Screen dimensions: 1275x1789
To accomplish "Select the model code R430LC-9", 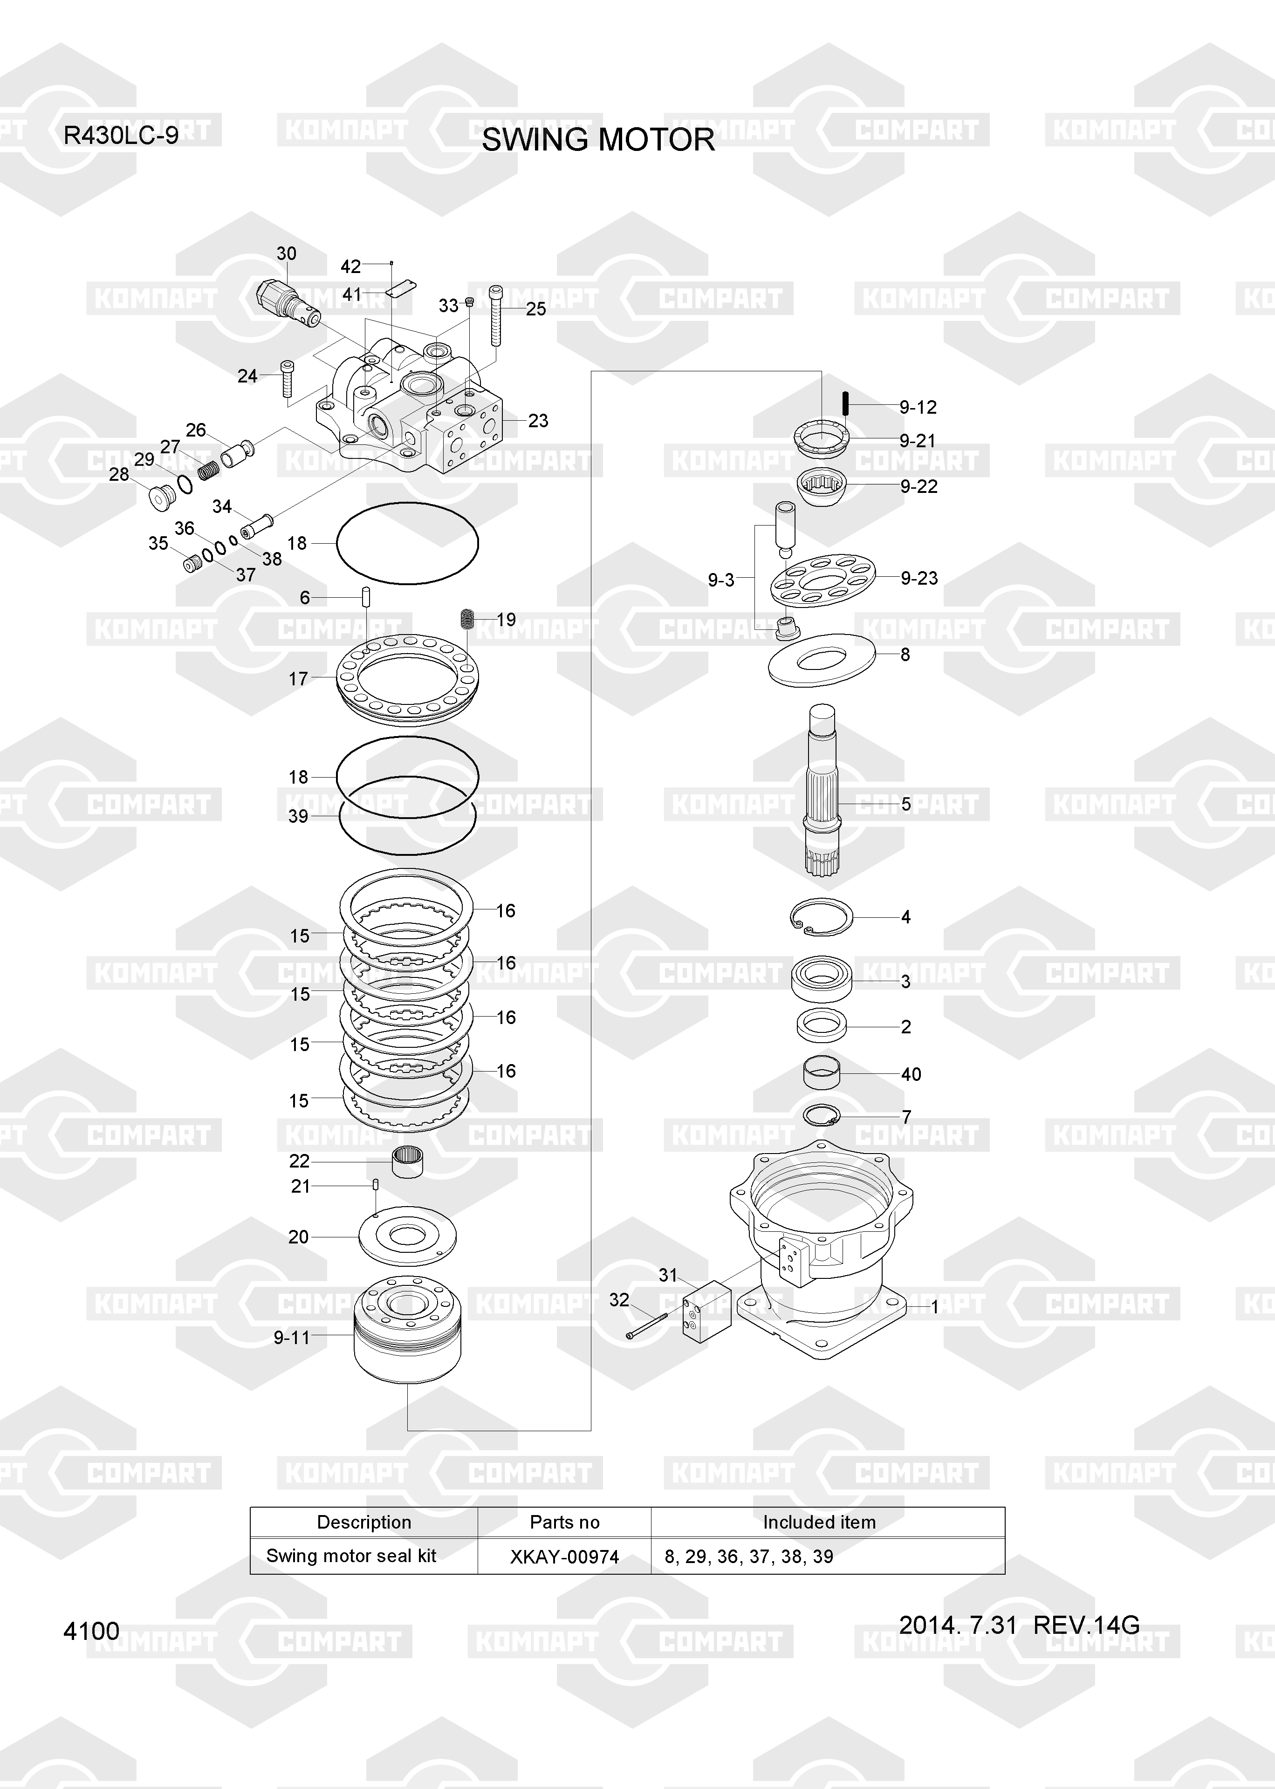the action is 121,136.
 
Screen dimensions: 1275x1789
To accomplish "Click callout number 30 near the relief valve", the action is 287,253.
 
